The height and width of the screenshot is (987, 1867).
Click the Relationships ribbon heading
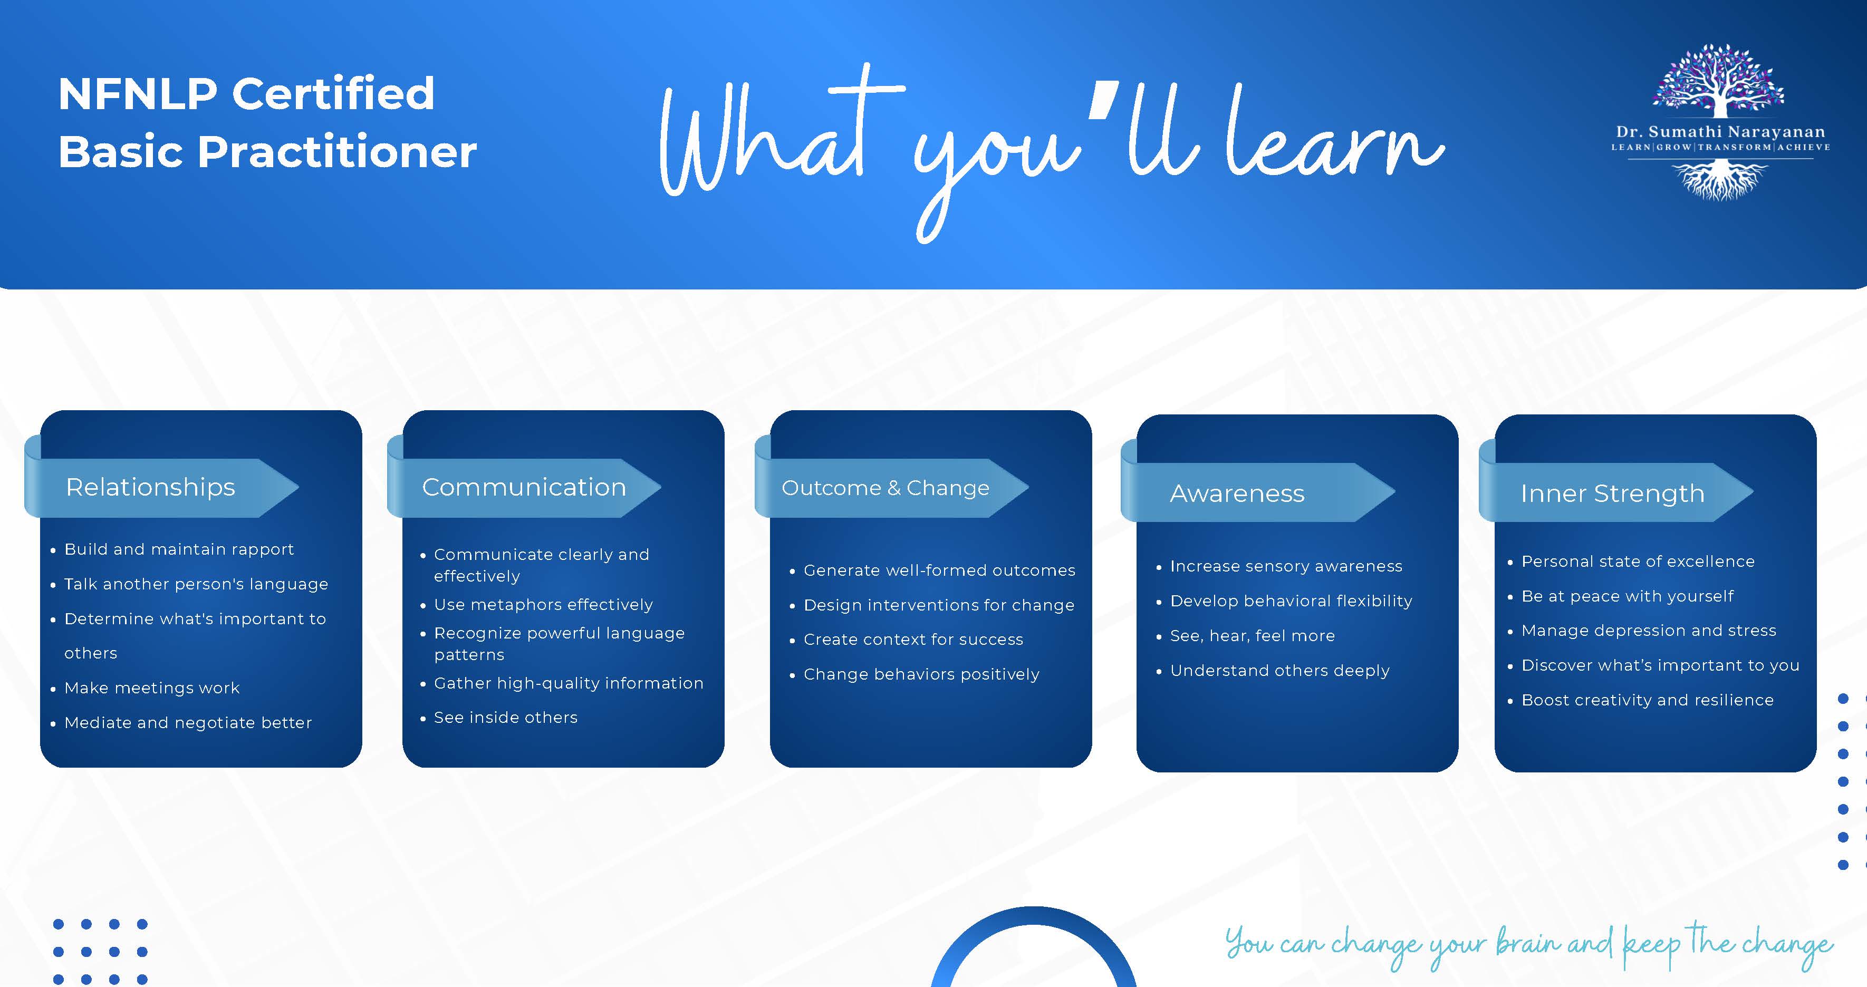(x=151, y=487)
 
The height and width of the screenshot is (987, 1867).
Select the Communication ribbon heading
(x=524, y=487)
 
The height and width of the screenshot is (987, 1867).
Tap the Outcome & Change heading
(x=885, y=488)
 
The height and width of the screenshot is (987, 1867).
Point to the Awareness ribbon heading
(x=1237, y=493)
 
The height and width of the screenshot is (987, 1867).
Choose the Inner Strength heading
(x=1613, y=493)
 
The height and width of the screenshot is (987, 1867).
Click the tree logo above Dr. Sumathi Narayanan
(x=1718, y=81)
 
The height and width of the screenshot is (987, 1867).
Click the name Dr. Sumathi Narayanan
(x=1720, y=132)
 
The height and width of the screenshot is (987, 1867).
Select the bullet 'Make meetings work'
(x=151, y=688)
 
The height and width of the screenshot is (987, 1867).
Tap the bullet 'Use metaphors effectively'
(x=543, y=604)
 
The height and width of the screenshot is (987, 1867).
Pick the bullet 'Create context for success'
(x=913, y=639)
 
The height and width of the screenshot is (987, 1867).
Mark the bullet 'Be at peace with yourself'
(x=1627, y=596)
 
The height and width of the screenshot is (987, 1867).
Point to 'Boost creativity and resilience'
(x=1648, y=700)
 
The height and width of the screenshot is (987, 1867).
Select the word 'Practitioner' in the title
(x=337, y=152)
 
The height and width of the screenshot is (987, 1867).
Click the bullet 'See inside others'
(x=505, y=718)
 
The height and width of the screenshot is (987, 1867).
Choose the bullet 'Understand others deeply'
(x=1279, y=670)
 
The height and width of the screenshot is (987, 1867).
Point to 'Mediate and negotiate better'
(x=188, y=722)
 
